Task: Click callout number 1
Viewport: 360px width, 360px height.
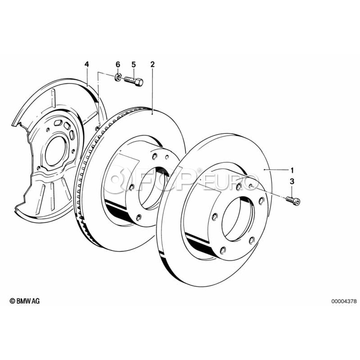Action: coord(292,170)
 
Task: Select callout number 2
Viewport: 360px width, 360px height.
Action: coord(152,64)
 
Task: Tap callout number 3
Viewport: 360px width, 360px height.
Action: coord(292,181)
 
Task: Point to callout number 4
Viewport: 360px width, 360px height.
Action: coord(86,64)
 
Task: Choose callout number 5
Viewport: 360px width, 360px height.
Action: coord(134,64)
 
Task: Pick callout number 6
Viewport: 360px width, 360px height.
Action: coord(118,64)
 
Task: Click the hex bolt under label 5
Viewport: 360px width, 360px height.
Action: coord(133,81)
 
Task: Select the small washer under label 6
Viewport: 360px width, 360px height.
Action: coord(117,77)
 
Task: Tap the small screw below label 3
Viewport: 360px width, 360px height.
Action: coord(293,200)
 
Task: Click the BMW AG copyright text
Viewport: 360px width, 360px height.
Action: coord(24,301)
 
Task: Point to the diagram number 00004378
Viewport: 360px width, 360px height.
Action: coord(344,301)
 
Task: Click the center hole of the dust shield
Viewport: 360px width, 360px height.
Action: coord(56,151)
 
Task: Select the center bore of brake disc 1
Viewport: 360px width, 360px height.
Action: coord(238,219)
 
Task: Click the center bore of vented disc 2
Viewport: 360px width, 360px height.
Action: coord(154,188)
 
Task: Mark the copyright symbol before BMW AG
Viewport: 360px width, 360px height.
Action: coord(12,301)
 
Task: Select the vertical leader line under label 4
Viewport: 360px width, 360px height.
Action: coord(87,77)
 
